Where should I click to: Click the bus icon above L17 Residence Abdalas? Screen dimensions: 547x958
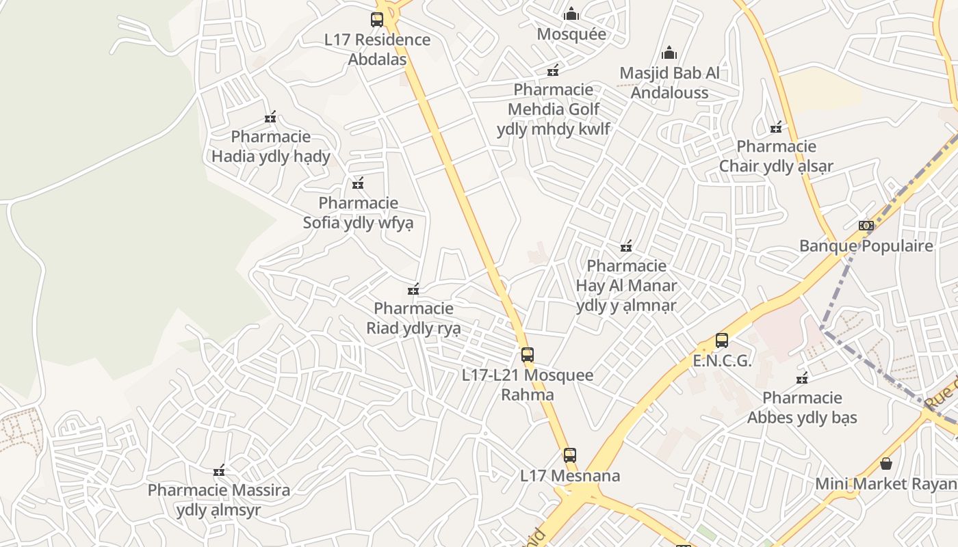coord(377,20)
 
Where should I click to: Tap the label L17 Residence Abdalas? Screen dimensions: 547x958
coord(377,49)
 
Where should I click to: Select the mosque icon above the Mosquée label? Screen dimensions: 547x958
coord(571,14)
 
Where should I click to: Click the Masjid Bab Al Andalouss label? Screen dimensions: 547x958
coord(669,82)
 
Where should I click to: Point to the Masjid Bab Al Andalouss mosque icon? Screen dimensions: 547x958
coord(669,53)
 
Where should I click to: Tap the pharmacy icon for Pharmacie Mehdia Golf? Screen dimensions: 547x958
coord(553,70)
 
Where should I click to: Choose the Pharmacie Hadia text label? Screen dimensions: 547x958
coord(271,146)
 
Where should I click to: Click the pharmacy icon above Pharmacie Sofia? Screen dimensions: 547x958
coord(358,183)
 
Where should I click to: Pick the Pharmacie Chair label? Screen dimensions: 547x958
coord(776,156)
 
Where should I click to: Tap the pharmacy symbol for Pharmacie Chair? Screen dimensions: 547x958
coord(776,127)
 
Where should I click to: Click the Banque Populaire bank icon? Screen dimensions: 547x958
coord(866,226)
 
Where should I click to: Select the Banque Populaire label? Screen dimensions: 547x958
coord(866,245)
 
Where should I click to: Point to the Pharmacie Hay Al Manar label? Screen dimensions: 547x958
coord(626,285)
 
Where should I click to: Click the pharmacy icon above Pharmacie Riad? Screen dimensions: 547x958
coord(413,289)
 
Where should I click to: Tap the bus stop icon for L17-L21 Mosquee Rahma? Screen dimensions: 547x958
coord(528,355)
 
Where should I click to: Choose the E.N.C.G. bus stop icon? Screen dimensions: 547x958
coord(722,341)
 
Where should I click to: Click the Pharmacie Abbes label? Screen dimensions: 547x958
coord(802,408)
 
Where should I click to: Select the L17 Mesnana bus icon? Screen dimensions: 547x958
coord(570,455)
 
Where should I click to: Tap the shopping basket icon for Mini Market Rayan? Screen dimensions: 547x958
coord(886,464)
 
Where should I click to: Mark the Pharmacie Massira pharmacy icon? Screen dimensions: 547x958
coord(219,470)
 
